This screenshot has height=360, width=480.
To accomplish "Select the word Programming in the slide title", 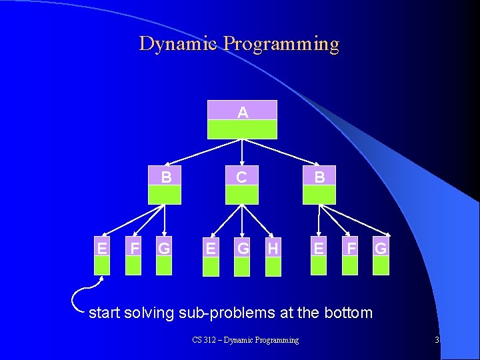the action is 281,44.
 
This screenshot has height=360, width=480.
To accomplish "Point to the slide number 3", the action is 437,340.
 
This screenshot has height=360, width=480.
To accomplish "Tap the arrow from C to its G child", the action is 242,220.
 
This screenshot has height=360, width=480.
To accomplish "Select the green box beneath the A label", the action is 242,129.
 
